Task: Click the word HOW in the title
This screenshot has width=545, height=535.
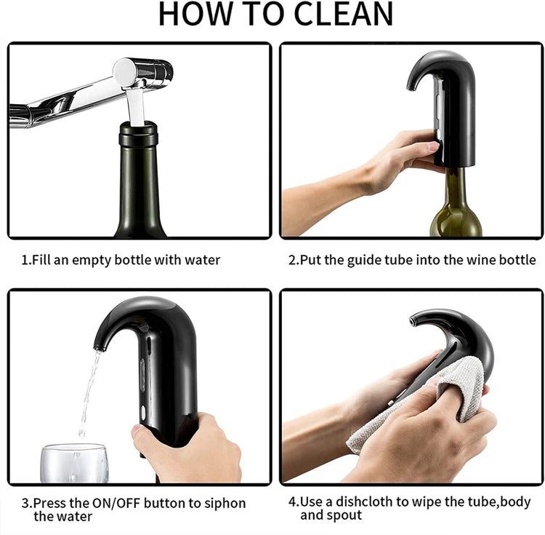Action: [x=190, y=15]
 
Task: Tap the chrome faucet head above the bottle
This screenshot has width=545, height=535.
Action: [x=142, y=72]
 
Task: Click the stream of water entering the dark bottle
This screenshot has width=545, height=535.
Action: [x=136, y=105]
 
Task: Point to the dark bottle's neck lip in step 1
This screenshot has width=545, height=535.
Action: [x=138, y=131]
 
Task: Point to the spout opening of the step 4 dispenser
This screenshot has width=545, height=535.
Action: [x=414, y=319]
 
